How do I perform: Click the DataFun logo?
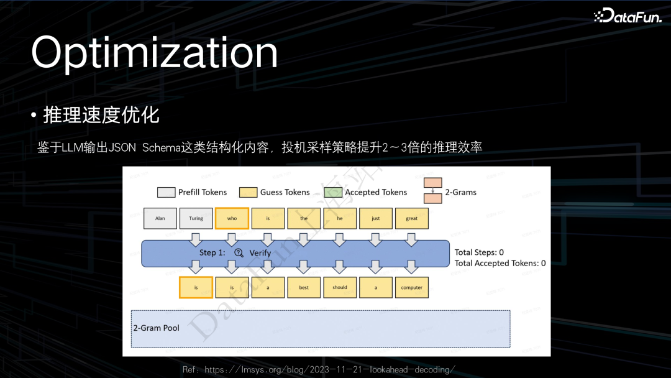[x=627, y=17]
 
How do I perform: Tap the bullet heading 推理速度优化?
[x=101, y=115]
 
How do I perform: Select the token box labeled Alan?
[x=160, y=218]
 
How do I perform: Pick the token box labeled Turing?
[x=196, y=218]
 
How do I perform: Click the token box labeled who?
[x=232, y=218]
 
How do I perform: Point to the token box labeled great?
[x=412, y=218]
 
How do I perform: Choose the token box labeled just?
[x=376, y=218]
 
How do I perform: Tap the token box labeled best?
[x=304, y=287]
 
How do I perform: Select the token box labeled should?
[x=340, y=287]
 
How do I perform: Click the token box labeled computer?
[x=412, y=287]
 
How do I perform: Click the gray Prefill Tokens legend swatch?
[x=166, y=192]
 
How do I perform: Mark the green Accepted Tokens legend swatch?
[x=333, y=192]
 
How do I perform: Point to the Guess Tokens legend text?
[x=285, y=192]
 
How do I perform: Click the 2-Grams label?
[x=460, y=192]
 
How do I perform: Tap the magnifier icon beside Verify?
[x=239, y=253]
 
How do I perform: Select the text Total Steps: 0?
[x=479, y=252]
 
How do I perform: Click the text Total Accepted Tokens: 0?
[x=500, y=263]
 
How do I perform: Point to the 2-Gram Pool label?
[x=157, y=328]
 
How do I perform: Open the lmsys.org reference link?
[x=329, y=370]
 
